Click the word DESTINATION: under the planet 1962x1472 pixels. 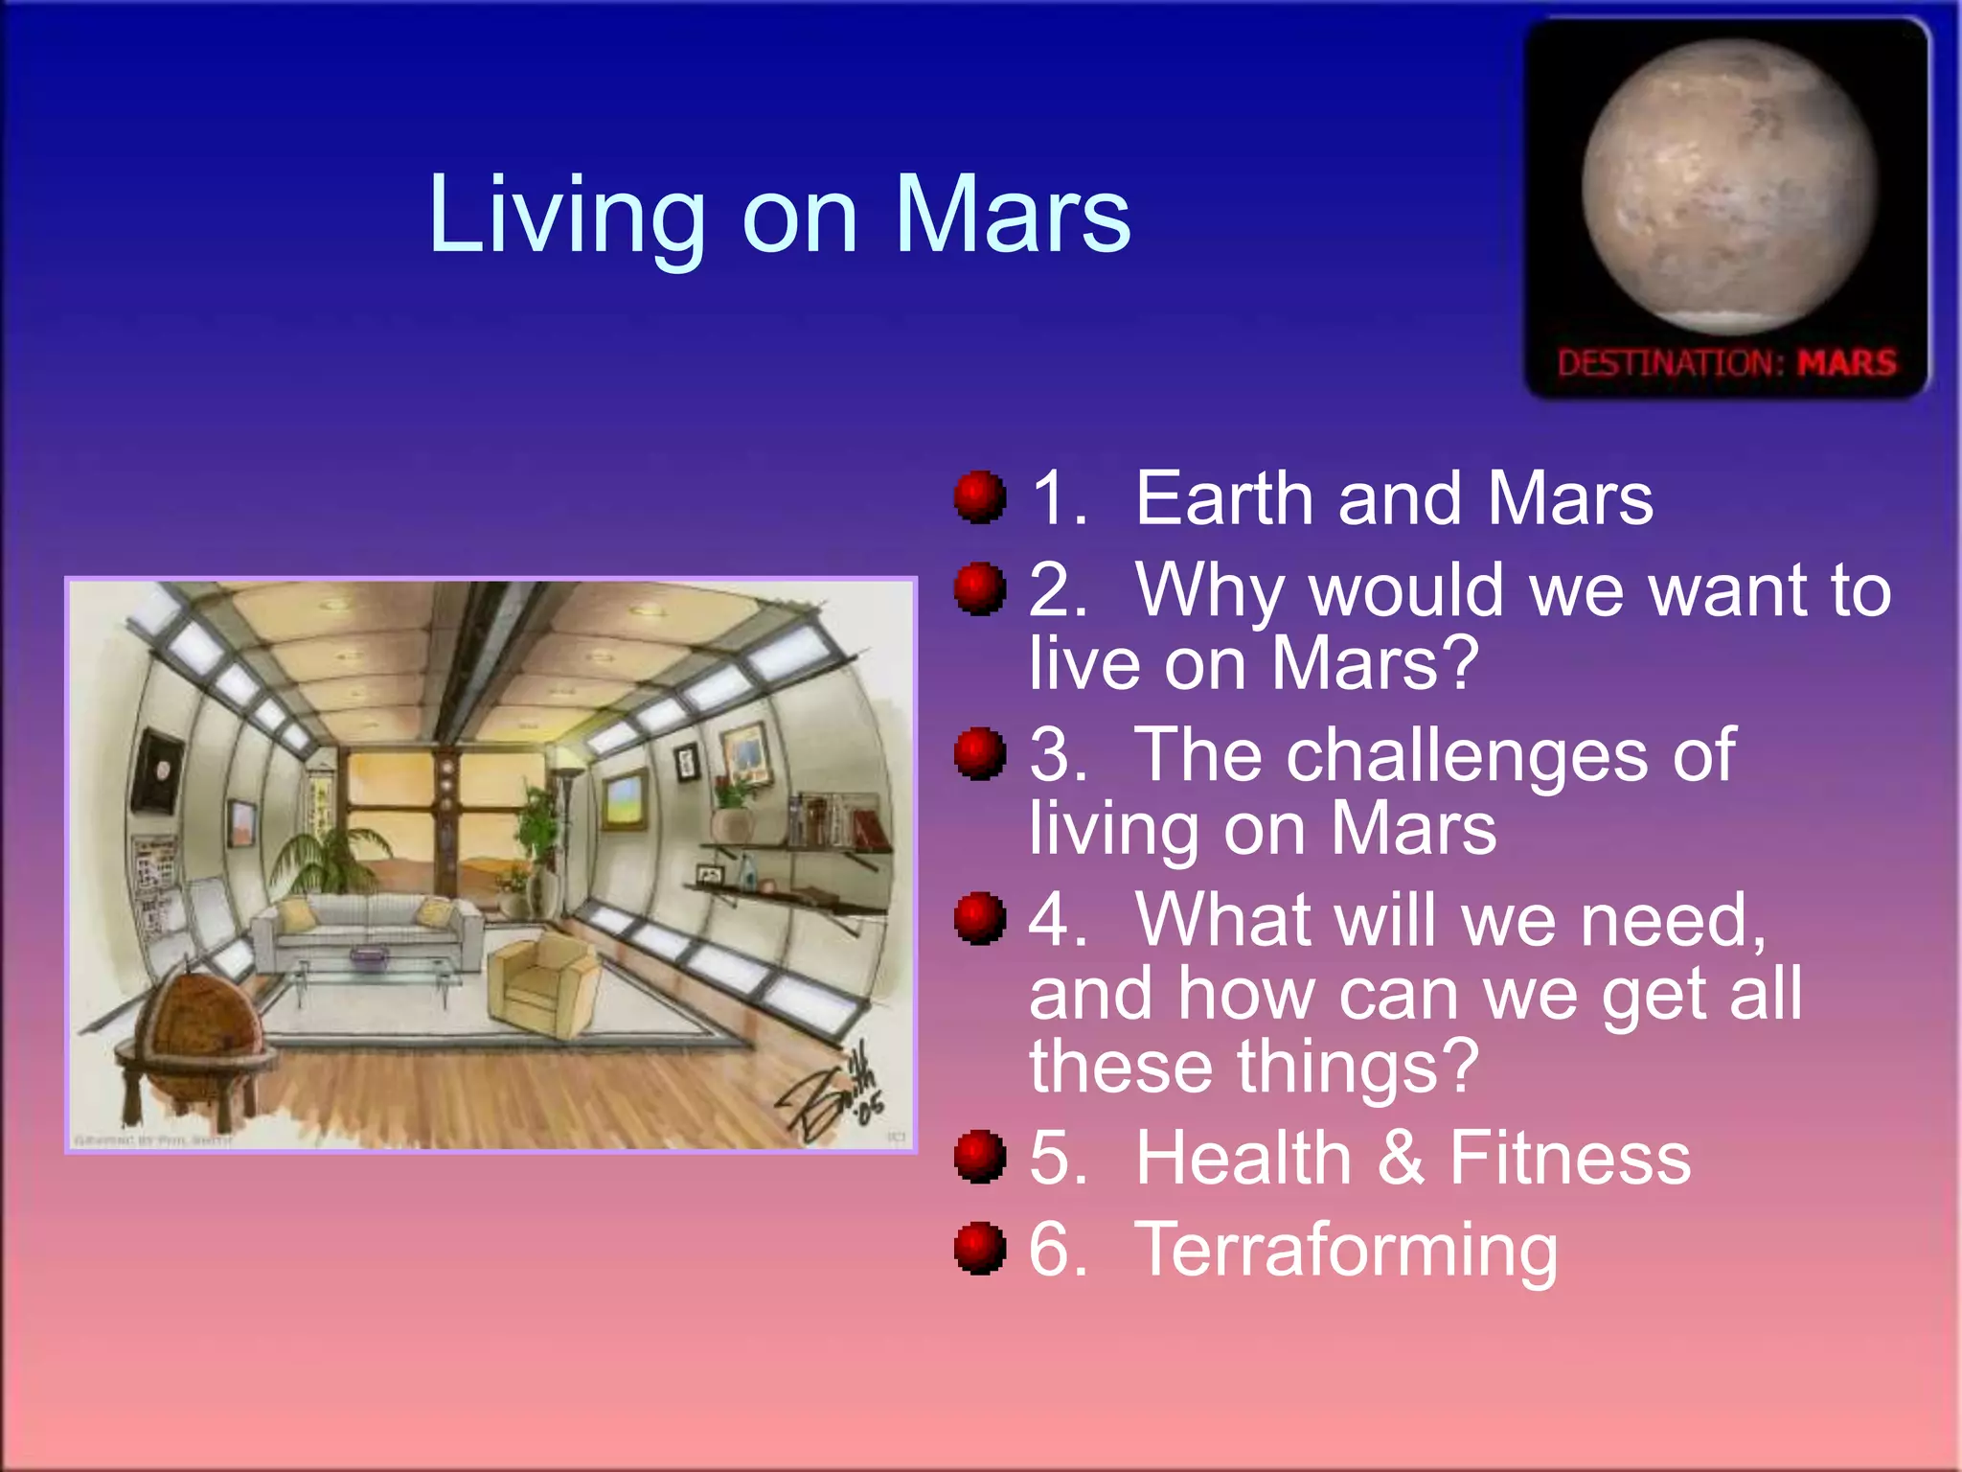(1671, 363)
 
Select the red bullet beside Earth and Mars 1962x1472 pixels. (980, 497)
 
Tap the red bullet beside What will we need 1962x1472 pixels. (980, 919)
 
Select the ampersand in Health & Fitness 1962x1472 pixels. (1401, 1158)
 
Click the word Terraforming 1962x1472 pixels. (1346, 1251)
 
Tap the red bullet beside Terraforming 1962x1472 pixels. (980, 1249)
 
